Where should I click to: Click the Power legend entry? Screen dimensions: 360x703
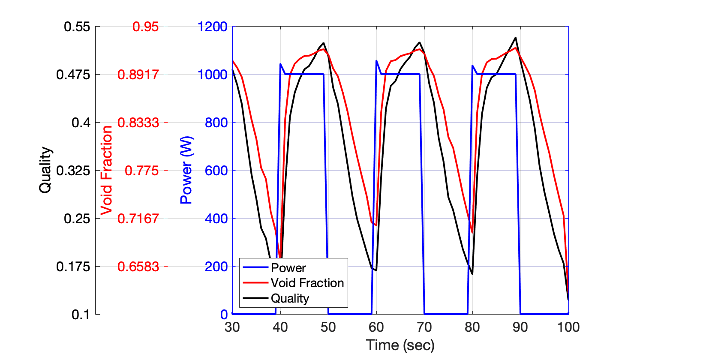pyautogui.click(x=288, y=268)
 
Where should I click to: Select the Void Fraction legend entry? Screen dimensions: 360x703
pyautogui.click(x=307, y=283)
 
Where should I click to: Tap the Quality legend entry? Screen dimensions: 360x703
pyautogui.click(x=290, y=298)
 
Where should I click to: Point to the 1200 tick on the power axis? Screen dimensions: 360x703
pyautogui.click(x=212, y=27)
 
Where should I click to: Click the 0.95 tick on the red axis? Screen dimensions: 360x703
pyautogui.click(x=145, y=27)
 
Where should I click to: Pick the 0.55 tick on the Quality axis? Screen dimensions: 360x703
pyautogui.click(x=77, y=27)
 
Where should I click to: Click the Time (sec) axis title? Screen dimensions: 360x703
pyautogui.click(x=400, y=345)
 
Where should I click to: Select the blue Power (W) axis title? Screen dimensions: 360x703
pyautogui.click(x=186, y=170)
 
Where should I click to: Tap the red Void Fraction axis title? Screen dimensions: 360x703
pyautogui.click(x=106, y=170)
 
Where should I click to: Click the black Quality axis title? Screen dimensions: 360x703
pyautogui.click(x=45, y=170)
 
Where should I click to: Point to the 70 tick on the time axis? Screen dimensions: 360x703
pyautogui.click(x=424, y=327)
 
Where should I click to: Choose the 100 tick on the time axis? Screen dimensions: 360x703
pyautogui.click(x=568, y=327)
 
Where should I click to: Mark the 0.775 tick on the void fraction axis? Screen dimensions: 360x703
pyautogui.click(x=141, y=171)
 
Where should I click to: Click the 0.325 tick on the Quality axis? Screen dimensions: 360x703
pyautogui.click(x=73, y=171)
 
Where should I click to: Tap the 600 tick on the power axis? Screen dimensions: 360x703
pyautogui.click(x=216, y=171)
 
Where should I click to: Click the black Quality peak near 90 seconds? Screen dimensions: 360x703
pyautogui.click(x=515, y=38)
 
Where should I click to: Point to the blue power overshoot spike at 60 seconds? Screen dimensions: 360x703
pyautogui.click(x=376, y=61)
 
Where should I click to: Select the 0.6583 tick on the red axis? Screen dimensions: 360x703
pyautogui.click(x=138, y=267)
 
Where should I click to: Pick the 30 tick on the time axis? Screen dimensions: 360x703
pyautogui.click(x=232, y=327)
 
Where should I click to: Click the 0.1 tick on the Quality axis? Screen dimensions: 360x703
pyautogui.click(x=81, y=315)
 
